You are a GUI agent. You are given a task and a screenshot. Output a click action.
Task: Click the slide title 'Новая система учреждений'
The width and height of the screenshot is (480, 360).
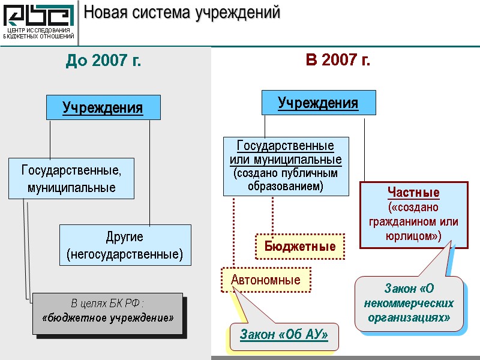(181, 13)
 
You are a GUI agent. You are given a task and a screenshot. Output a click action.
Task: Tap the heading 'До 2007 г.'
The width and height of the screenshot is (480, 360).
(103, 61)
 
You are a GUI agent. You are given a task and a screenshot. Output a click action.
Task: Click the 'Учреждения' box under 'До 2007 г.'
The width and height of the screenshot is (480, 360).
(103, 107)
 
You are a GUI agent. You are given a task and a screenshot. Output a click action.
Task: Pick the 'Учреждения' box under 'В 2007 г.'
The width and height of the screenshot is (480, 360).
(318, 103)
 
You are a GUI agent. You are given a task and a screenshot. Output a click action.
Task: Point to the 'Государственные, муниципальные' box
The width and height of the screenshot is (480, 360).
(71, 179)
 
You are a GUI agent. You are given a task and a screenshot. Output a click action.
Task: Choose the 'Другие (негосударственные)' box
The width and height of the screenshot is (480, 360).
(125, 245)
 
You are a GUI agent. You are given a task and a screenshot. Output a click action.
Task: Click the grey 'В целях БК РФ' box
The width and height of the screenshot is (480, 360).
(107, 313)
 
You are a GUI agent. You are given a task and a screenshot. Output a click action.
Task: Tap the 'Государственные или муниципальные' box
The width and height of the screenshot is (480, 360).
(286, 166)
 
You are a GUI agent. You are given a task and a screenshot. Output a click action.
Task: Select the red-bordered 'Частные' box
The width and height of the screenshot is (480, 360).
(413, 215)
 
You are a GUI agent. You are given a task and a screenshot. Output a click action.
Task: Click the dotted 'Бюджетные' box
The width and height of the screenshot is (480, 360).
(300, 246)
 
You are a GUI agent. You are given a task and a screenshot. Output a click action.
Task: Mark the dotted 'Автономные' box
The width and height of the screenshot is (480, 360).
(265, 280)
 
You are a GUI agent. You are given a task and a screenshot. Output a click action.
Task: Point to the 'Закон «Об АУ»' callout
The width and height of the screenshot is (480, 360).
(284, 335)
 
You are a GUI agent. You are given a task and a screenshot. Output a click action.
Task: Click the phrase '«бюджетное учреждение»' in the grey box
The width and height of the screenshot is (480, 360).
(107, 316)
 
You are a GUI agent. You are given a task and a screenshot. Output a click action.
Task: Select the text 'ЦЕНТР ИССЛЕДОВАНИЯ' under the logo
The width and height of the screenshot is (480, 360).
(39, 30)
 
